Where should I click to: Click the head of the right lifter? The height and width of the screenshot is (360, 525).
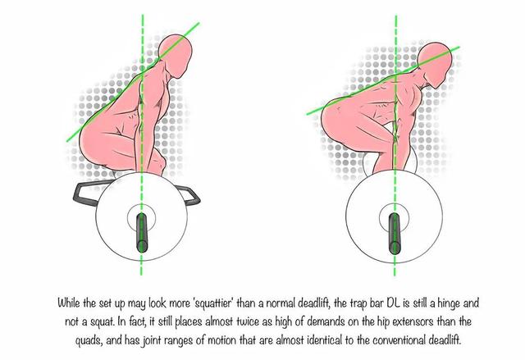pyautogui.click(x=436, y=65)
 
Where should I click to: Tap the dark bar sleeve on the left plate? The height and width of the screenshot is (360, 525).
pyautogui.click(x=142, y=232)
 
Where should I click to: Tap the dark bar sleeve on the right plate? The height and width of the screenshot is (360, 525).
pyautogui.click(x=395, y=234)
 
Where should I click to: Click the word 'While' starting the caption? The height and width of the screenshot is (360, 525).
pyautogui.click(x=68, y=303)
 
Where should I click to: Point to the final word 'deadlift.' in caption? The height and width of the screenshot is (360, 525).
pyautogui.click(x=445, y=340)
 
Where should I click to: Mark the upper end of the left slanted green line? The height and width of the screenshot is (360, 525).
pyautogui.click(x=199, y=23)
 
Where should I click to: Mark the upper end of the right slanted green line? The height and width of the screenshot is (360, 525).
pyautogui.click(x=459, y=48)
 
